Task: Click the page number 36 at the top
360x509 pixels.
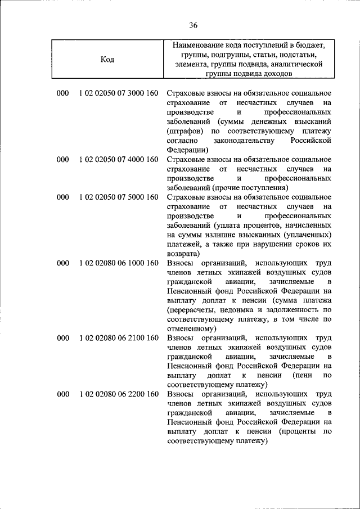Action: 193,25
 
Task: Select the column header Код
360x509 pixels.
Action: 107,60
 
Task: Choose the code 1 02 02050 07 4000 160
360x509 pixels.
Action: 119,159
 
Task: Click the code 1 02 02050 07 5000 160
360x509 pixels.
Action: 119,197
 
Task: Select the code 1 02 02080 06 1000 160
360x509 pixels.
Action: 119,263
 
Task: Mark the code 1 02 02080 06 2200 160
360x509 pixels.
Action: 119,394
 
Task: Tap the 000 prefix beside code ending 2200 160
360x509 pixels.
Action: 62,394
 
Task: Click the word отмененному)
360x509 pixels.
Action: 191,328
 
